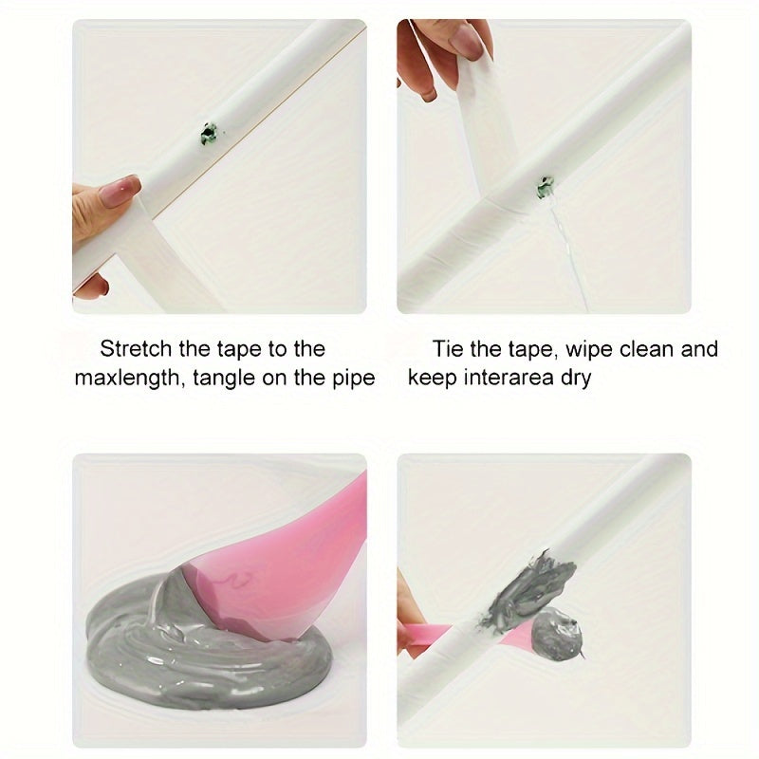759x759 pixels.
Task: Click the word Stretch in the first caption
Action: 135,349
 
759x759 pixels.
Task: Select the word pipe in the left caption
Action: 355,378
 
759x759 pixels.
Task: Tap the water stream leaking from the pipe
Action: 566,256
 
